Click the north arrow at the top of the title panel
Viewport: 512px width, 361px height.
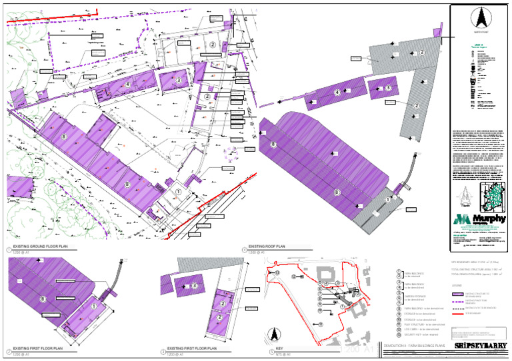point(480,17)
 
